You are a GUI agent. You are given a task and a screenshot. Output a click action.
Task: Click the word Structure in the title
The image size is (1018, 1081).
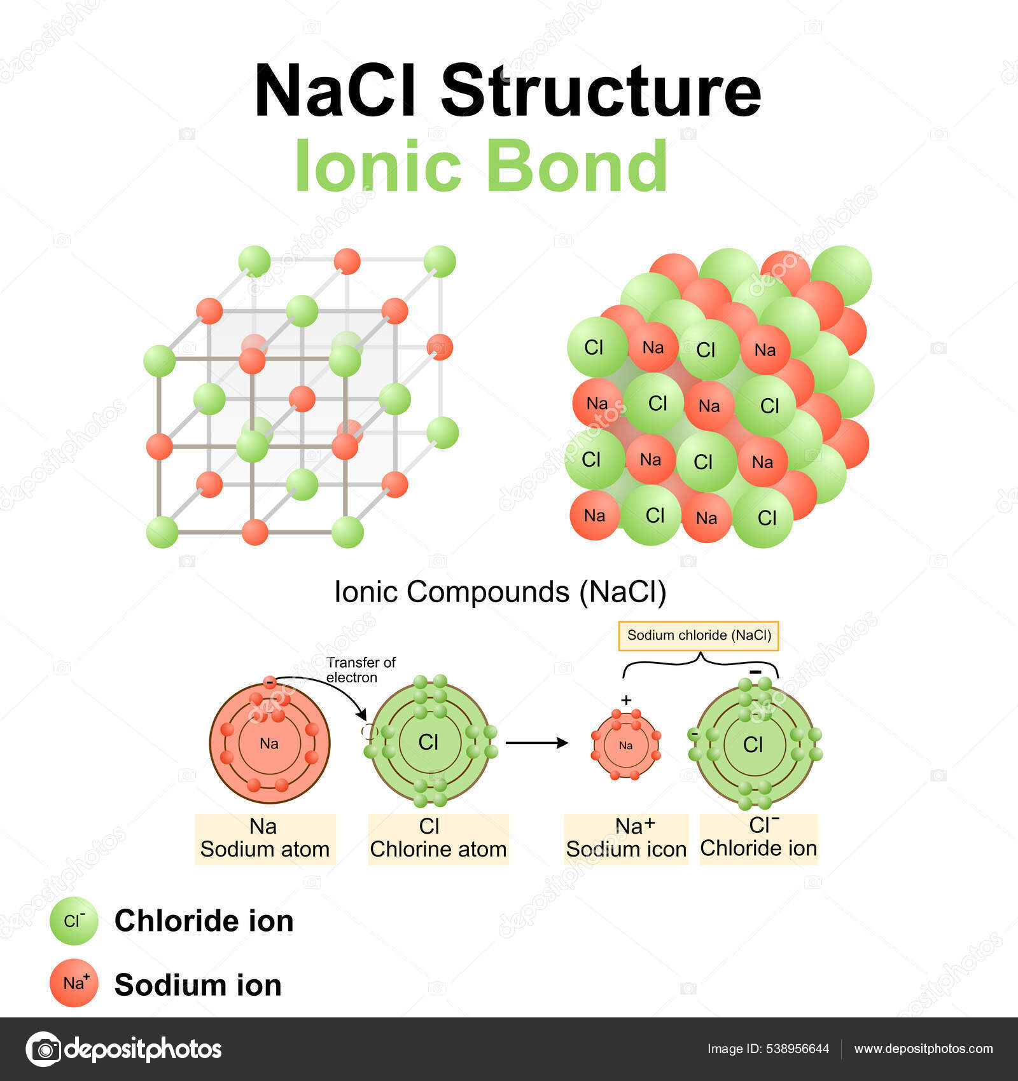[601, 91]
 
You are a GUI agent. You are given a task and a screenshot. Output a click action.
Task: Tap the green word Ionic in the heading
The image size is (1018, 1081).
[378, 166]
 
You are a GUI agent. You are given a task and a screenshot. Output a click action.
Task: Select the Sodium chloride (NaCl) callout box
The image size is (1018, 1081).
[699, 635]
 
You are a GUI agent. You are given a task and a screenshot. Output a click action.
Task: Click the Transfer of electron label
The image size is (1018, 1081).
[360, 670]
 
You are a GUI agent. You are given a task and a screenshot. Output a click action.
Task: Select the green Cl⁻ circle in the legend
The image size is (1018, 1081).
[74, 921]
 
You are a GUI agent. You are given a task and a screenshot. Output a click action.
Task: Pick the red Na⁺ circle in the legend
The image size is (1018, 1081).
[74, 983]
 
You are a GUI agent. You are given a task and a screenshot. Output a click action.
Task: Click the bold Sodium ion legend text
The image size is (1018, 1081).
[198, 985]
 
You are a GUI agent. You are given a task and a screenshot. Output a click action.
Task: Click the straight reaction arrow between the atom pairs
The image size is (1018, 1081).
[536, 743]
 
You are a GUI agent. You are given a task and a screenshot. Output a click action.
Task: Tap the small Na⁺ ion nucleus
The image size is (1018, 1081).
[626, 745]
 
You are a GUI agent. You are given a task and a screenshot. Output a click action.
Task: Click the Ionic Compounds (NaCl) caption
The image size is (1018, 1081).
[500, 592]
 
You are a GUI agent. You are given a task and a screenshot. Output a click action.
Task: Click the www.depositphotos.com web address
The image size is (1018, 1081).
[923, 1049]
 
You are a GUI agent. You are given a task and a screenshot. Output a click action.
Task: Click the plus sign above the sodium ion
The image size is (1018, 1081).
[626, 701]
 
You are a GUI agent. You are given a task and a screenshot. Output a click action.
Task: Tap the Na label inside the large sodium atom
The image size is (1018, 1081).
[269, 743]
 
